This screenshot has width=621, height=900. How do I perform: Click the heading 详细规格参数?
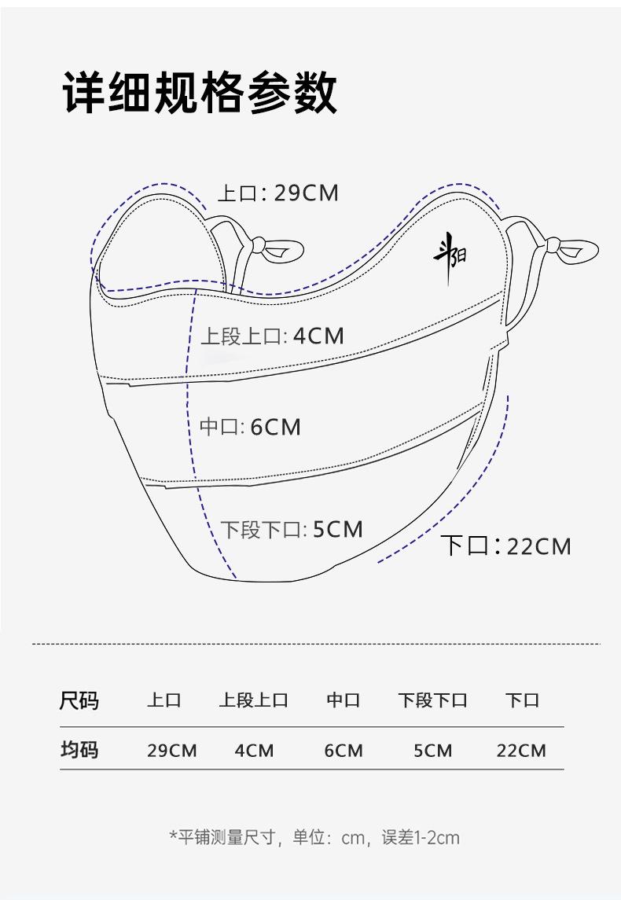point(200,93)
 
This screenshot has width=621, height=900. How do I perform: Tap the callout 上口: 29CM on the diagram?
point(278,193)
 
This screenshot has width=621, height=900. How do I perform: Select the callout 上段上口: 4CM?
point(272,336)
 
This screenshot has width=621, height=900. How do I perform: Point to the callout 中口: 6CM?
point(250,427)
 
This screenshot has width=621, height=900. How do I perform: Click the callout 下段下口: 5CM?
point(292,529)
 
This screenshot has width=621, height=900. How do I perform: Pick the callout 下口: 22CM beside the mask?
point(506,546)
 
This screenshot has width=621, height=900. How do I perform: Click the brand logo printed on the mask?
point(450,258)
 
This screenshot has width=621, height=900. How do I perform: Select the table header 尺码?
point(79,701)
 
